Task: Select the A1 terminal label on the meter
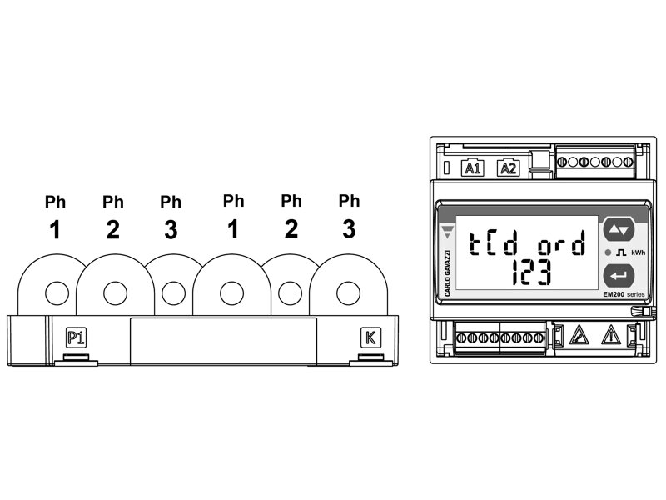click(472, 168)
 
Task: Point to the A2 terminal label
click(507, 168)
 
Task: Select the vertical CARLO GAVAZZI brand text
click(449, 273)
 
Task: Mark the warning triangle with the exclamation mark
click(611, 336)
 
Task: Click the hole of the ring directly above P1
click(57, 292)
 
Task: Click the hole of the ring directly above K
click(346, 292)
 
